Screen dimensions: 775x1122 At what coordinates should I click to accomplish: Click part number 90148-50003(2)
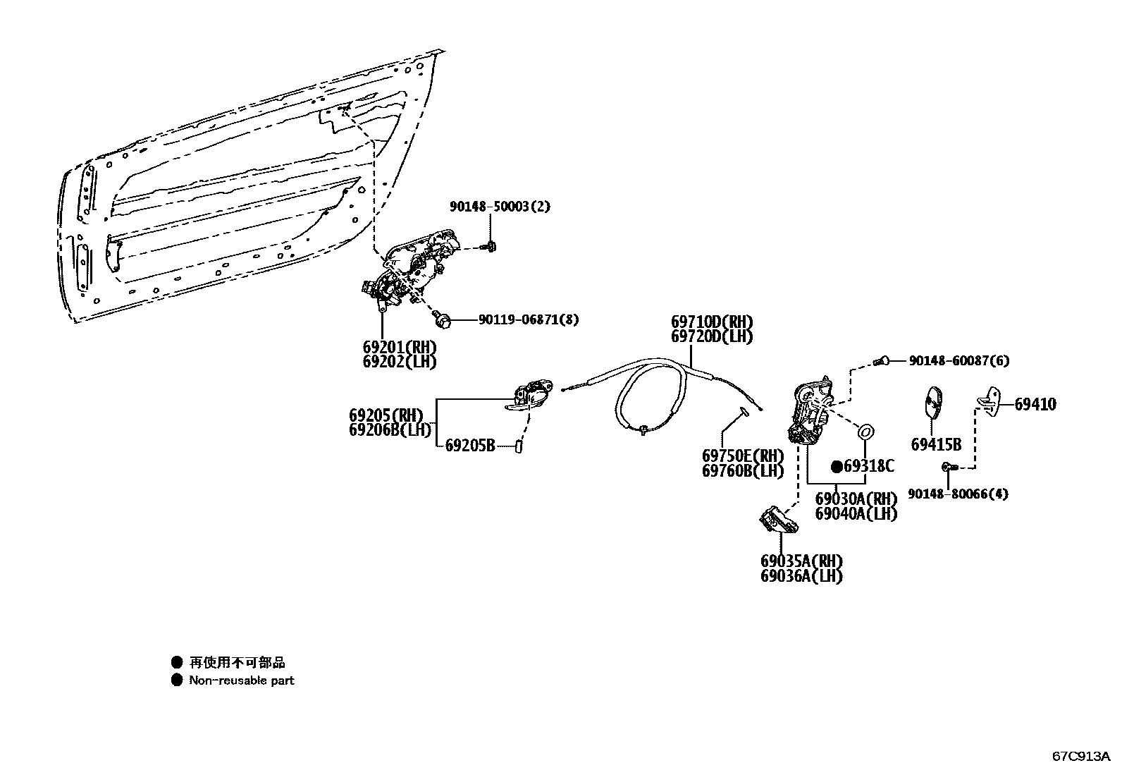coord(500,207)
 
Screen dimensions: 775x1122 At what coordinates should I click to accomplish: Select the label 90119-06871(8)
coord(529,319)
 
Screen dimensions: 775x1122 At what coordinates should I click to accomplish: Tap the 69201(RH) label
coord(400,347)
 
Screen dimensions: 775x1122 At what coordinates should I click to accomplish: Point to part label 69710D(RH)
coord(712,323)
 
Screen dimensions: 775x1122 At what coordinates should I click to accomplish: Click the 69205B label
coord(470,445)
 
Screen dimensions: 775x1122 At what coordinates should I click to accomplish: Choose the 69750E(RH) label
coord(742,456)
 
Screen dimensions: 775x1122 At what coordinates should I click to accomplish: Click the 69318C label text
coord(869,466)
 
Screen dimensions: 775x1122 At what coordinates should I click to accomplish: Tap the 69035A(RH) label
coord(801,561)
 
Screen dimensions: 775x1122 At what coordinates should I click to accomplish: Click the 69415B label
coord(936,445)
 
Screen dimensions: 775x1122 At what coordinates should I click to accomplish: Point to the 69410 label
coord(1035,405)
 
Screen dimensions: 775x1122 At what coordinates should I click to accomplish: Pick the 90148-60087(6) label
coord(958,361)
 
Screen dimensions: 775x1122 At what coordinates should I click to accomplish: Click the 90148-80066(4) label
coord(957,494)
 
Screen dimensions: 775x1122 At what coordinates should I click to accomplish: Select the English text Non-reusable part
coord(242,681)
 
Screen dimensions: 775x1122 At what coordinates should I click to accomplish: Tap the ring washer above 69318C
coord(865,430)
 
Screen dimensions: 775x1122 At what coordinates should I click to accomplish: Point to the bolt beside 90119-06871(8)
coord(444,319)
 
